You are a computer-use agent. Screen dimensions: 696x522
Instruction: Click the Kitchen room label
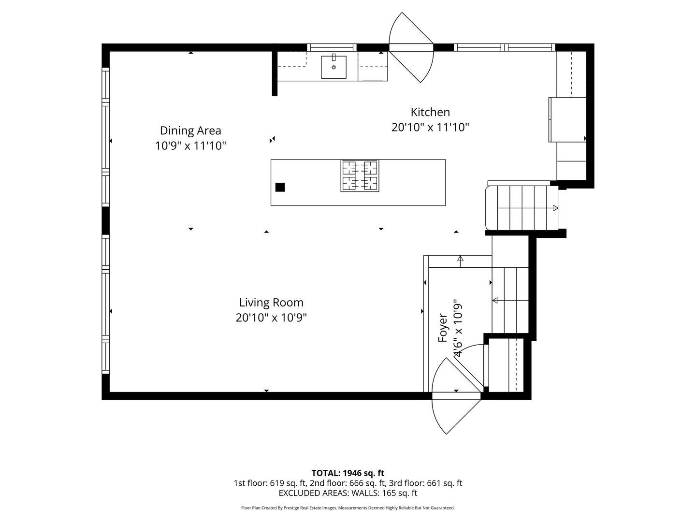point(430,112)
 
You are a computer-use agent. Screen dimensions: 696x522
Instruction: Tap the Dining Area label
point(190,130)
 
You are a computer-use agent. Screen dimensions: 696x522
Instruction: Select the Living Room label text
point(271,303)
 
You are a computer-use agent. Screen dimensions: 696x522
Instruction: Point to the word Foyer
point(443,328)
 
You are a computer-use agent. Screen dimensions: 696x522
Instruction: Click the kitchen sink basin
point(333,67)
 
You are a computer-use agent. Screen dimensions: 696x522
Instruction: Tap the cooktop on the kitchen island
point(360,175)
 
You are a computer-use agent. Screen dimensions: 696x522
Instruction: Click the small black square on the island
point(280,188)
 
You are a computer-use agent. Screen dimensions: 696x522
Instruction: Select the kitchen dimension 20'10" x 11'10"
point(430,128)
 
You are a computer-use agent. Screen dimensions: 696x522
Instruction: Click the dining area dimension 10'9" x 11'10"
point(190,146)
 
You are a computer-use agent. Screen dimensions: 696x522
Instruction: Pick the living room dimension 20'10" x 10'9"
point(271,318)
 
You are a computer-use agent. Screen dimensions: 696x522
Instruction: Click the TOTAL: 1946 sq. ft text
point(348,473)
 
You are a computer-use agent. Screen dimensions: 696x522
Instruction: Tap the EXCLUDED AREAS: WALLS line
point(348,493)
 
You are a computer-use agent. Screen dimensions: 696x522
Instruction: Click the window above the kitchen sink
point(332,47)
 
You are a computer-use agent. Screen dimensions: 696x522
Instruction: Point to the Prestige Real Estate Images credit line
point(348,508)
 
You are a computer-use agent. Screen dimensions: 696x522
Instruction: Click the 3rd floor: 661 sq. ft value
point(443,483)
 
